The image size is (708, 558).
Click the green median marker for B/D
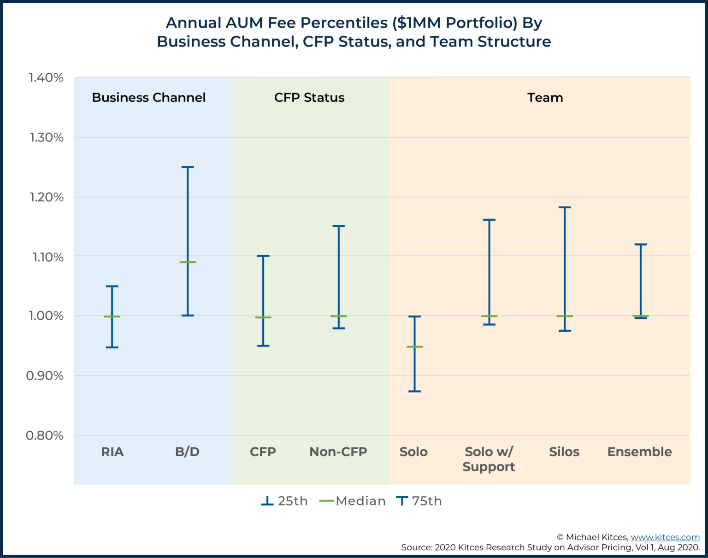188,262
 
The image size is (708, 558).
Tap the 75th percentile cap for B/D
188,167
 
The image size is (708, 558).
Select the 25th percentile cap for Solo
414,391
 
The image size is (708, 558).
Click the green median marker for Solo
414,347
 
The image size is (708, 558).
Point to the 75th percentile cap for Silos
565,207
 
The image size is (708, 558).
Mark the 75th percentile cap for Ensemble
640,244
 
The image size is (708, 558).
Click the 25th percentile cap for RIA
112,347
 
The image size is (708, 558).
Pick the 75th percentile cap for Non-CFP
339,226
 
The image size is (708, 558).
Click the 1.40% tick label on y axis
46,78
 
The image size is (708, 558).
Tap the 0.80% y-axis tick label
45,435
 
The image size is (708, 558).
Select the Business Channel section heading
148,98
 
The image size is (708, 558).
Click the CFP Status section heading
309,98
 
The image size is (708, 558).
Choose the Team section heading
545,98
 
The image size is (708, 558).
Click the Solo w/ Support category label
489,459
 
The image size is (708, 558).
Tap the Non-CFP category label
338,452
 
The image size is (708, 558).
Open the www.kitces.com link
665,537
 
